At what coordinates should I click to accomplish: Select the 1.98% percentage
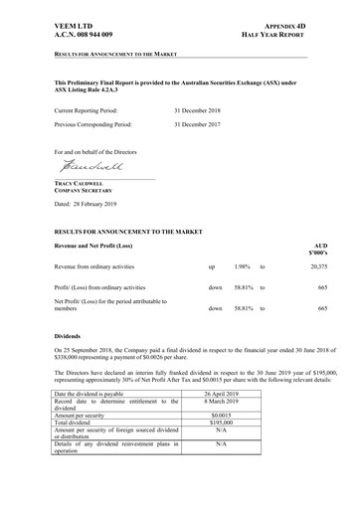click(x=244, y=267)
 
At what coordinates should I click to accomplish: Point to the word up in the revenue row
click(x=212, y=267)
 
